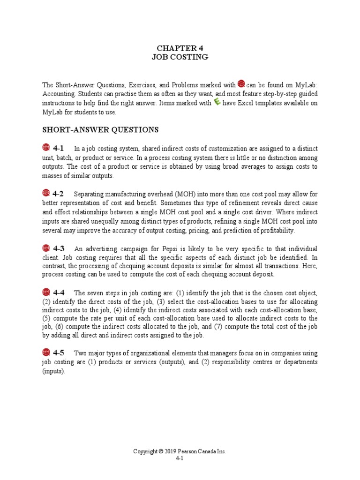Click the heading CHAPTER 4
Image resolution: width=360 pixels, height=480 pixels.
[x=180, y=48]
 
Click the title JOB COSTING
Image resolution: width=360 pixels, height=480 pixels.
[x=180, y=57]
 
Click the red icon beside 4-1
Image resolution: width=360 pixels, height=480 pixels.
[x=46, y=148]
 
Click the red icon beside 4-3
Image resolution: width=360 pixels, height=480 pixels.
[x=46, y=248]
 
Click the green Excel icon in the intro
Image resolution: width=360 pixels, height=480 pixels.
[x=217, y=102]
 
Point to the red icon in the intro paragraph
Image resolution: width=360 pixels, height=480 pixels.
[x=241, y=84]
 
